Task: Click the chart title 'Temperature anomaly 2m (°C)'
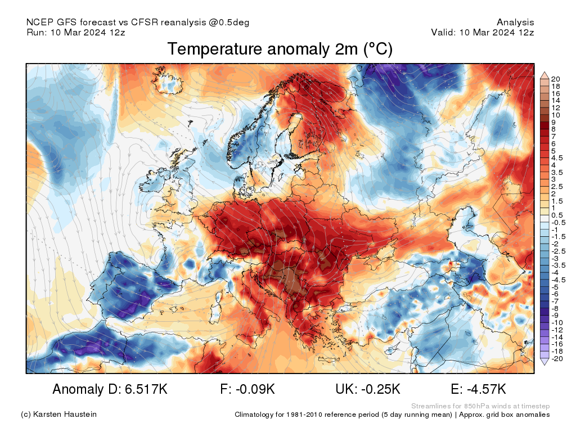pyautogui.click(x=280, y=49)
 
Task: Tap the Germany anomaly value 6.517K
pyautogui.click(x=146, y=389)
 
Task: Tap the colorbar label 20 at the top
pyautogui.click(x=555, y=79)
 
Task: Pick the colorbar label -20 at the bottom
pyautogui.click(x=557, y=358)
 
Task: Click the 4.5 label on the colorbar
pyautogui.click(x=557, y=158)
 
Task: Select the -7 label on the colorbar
pyautogui.click(x=555, y=301)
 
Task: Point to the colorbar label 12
pyautogui.click(x=555, y=107)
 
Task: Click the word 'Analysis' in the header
pyautogui.click(x=515, y=22)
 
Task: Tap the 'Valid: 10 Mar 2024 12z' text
pyautogui.click(x=483, y=32)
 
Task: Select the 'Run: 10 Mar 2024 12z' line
pyautogui.click(x=76, y=32)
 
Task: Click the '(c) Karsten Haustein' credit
pyautogui.click(x=58, y=415)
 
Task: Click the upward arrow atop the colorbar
pyautogui.click(x=544, y=75)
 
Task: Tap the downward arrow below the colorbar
pyautogui.click(x=544, y=362)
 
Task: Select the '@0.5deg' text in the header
pyautogui.click(x=229, y=22)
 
